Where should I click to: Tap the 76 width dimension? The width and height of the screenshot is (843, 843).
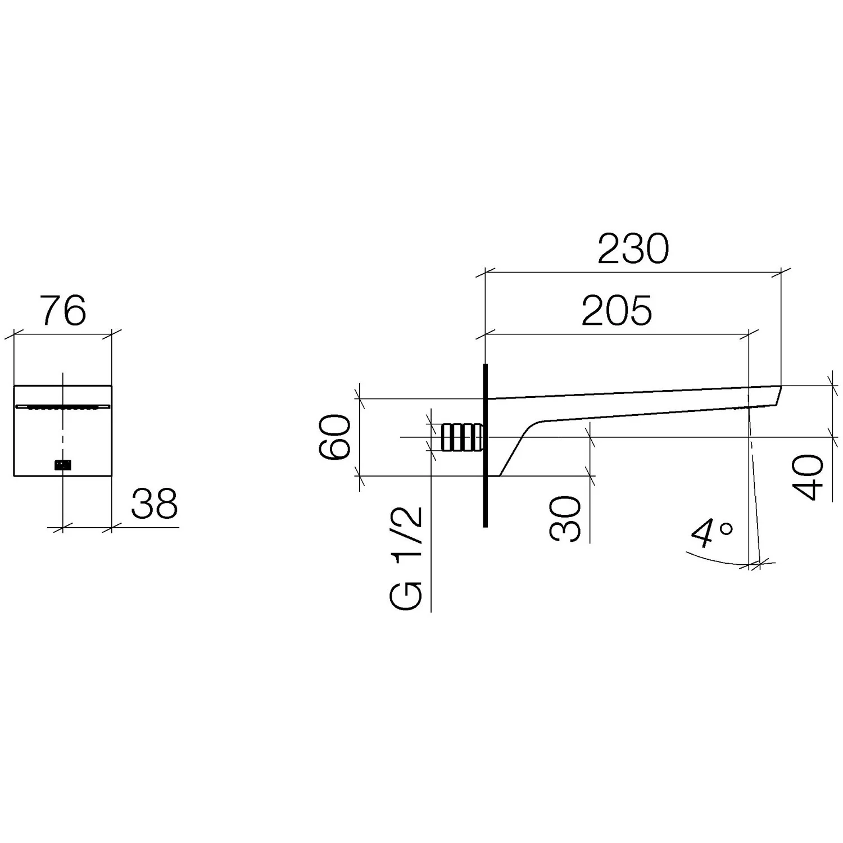pyautogui.click(x=64, y=310)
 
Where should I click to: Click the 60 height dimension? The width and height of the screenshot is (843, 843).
pyautogui.click(x=336, y=437)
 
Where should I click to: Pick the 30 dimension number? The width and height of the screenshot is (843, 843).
pyautogui.click(x=566, y=518)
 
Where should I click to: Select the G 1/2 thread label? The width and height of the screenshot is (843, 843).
pyautogui.click(x=406, y=558)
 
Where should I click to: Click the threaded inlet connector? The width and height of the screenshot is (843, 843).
pyautogui.click(x=463, y=437)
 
